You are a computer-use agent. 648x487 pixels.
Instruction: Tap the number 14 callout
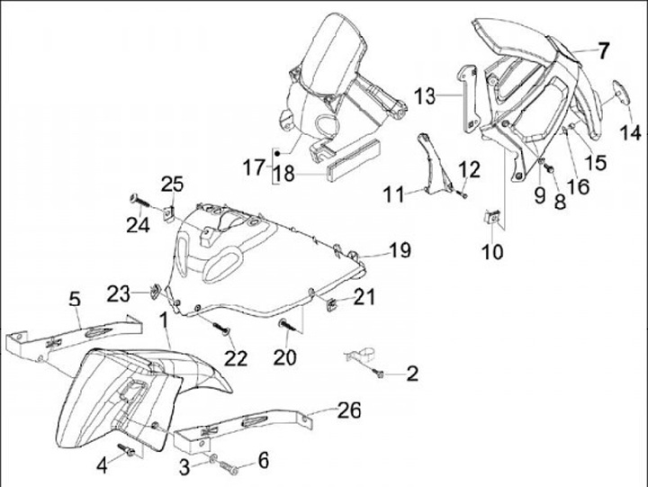(x=625, y=132)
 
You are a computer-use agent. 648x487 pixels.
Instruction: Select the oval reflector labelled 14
(x=620, y=93)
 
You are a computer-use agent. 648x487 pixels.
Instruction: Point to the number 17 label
(x=253, y=167)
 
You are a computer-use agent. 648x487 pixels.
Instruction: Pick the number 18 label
(x=284, y=174)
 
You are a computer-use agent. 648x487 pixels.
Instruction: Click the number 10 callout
(x=492, y=253)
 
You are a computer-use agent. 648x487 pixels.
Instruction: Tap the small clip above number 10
(x=493, y=217)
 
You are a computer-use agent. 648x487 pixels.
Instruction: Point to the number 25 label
(x=171, y=185)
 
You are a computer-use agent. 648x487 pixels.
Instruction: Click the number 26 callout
(x=349, y=411)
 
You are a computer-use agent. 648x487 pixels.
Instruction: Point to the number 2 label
(x=411, y=374)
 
